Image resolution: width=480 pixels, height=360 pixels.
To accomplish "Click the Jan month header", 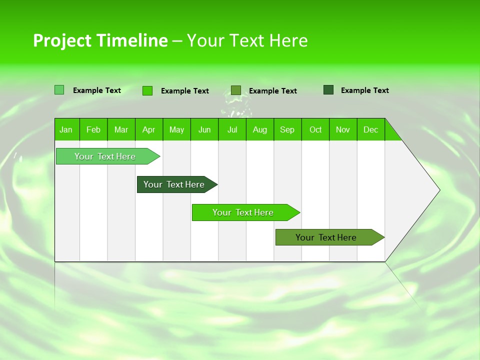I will coord(66,130).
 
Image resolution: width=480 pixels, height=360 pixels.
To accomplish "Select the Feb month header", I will coord(93,130).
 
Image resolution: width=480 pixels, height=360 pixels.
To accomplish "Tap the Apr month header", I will coord(148,130).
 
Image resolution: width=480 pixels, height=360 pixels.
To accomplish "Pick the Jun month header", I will coord(204,130).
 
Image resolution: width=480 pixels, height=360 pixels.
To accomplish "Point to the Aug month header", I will coord(260,130).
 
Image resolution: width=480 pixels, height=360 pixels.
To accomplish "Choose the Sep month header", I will coord(287,130).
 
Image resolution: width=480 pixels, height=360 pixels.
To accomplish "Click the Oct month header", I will coord(315,130).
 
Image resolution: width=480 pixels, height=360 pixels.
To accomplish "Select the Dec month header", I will coord(371,130).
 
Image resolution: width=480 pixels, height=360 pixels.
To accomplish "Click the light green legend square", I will coord(59,90).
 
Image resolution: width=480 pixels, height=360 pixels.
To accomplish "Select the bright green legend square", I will coord(147,90).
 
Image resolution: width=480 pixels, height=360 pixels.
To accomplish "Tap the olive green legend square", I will coord(236,90).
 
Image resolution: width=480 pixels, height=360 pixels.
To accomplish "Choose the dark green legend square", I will coord(328,90).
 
